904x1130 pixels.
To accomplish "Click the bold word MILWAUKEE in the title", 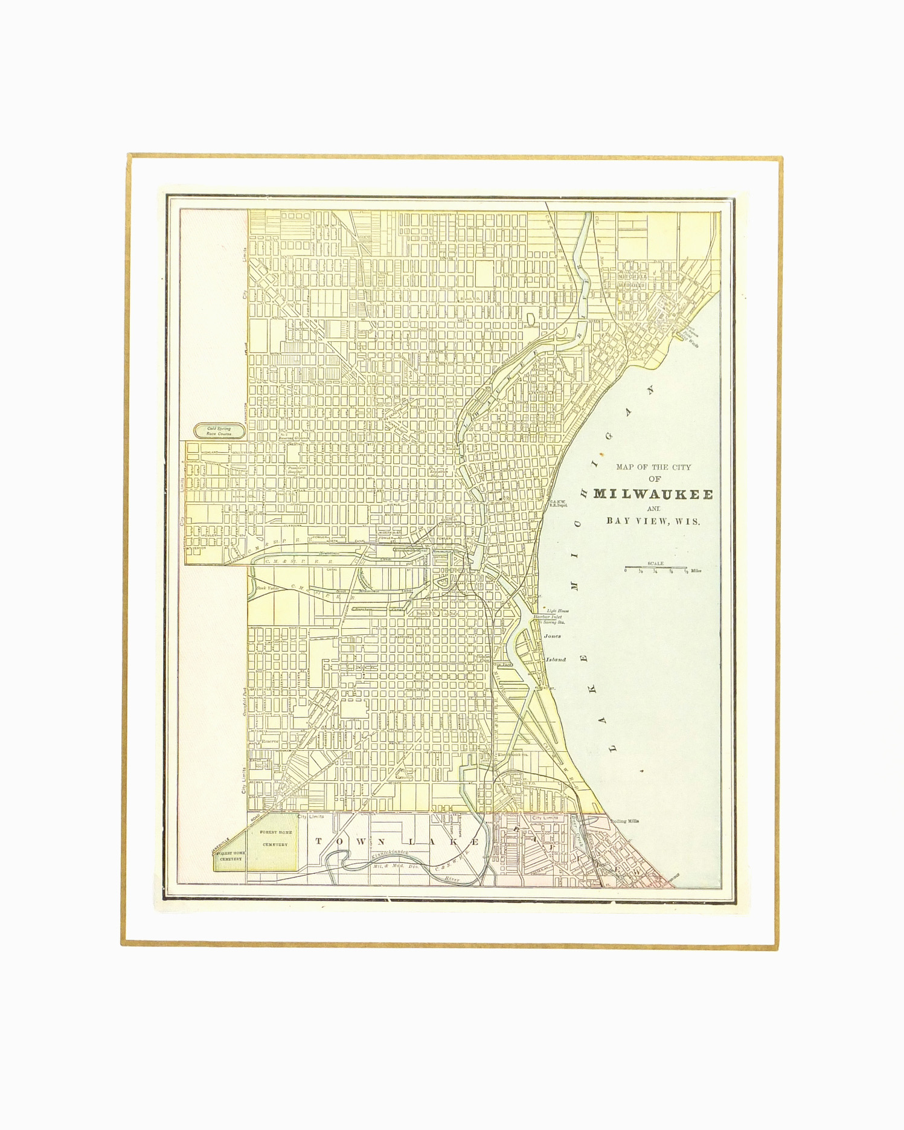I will (653, 494).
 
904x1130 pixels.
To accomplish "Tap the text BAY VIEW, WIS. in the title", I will (653, 521).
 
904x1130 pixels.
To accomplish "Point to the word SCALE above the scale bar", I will (655, 563).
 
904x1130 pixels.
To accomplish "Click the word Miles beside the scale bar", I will (696, 570).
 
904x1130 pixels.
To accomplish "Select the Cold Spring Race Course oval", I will (219, 431).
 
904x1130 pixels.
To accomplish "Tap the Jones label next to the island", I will (552, 636).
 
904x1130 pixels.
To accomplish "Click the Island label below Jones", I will (556, 660).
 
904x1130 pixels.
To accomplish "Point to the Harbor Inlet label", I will (547, 617).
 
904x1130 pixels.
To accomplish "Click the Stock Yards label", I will (265, 588).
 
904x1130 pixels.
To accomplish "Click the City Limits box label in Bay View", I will (542, 818).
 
